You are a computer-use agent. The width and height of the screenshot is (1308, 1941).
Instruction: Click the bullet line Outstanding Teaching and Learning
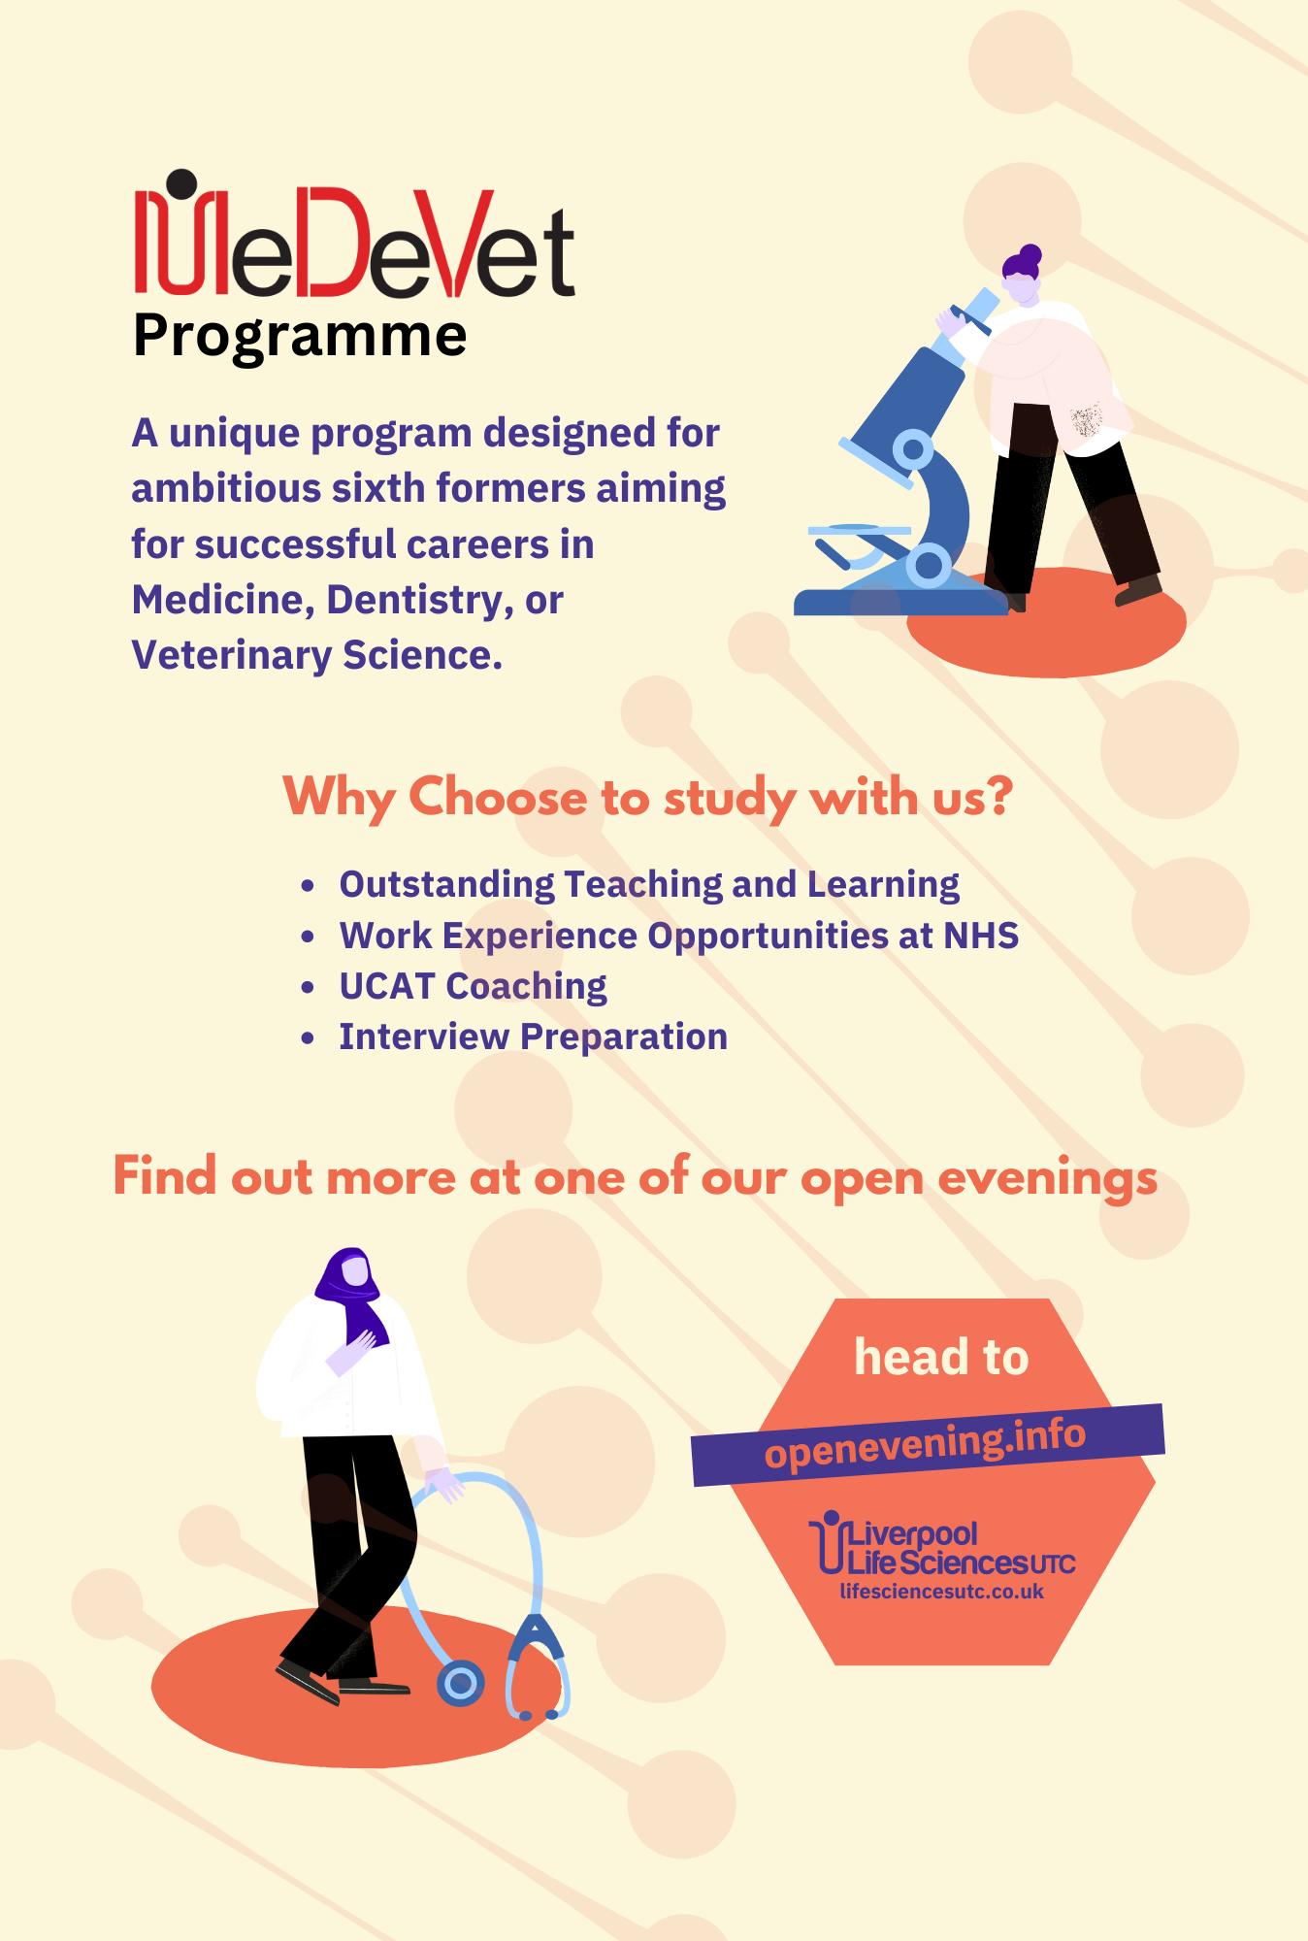point(649,884)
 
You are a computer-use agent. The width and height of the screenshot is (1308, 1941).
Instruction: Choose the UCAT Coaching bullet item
point(473,986)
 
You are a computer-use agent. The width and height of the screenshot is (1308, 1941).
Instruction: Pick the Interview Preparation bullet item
point(533,1036)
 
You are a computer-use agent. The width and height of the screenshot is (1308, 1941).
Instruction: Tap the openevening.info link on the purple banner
point(925,1442)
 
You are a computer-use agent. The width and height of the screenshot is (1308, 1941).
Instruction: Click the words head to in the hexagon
point(941,1356)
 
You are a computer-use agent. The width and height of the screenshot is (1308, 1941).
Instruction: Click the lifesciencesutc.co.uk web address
point(941,1591)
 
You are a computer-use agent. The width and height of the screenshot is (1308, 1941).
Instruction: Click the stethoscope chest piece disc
point(460,1683)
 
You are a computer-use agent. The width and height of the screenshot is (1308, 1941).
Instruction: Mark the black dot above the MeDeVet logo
point(180,183)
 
